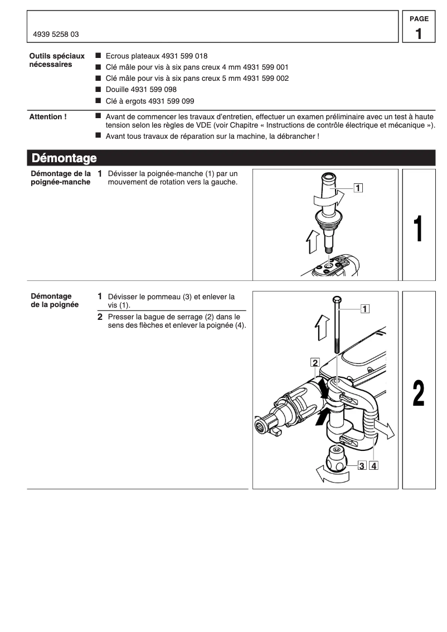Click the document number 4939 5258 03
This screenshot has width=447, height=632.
[x=56, y=34]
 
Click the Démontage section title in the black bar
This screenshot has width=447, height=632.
[x=64, y=158]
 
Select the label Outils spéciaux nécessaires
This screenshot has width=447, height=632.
[x=56, y=60]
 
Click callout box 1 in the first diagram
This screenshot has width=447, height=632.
[x=357, y=187]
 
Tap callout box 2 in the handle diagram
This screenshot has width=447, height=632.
[x=315, y=363]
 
